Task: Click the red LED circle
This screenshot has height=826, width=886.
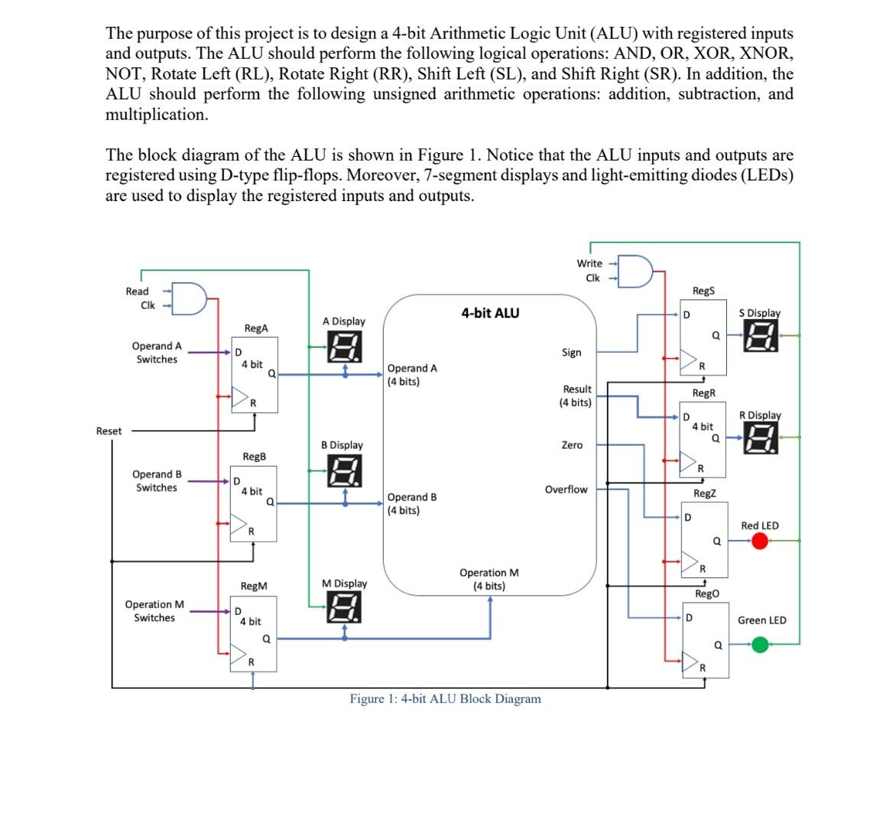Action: (x=759, y=541)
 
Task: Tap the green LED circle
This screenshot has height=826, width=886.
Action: (x=759, y=645)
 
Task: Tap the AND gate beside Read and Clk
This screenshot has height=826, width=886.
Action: (x=190, y=298)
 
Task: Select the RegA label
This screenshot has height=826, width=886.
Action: (x=256, y=328)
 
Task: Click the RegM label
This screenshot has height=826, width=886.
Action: (x=254, y=586)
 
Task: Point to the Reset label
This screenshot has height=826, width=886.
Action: (x=109, y=431)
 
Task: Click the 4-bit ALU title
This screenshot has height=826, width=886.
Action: (x=490, y=313)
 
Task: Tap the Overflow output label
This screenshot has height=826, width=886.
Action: (x=566, y=489)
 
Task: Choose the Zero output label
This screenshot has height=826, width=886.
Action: (x=572, y=445)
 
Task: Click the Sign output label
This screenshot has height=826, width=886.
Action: (x=571, y=353)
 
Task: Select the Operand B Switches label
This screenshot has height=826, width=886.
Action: (x=157, y=481)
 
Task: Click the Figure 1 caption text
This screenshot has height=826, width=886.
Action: (x=445, y=699)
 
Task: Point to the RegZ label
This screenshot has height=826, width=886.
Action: (x=704, y=494)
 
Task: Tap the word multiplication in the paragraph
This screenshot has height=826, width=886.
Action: (x=157, y=115)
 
